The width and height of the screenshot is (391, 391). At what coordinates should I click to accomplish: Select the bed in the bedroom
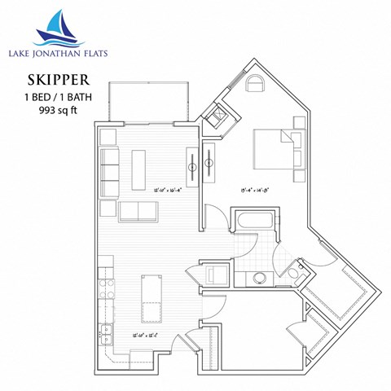coord(276,152)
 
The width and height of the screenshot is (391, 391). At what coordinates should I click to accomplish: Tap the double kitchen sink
coord(105,332)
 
